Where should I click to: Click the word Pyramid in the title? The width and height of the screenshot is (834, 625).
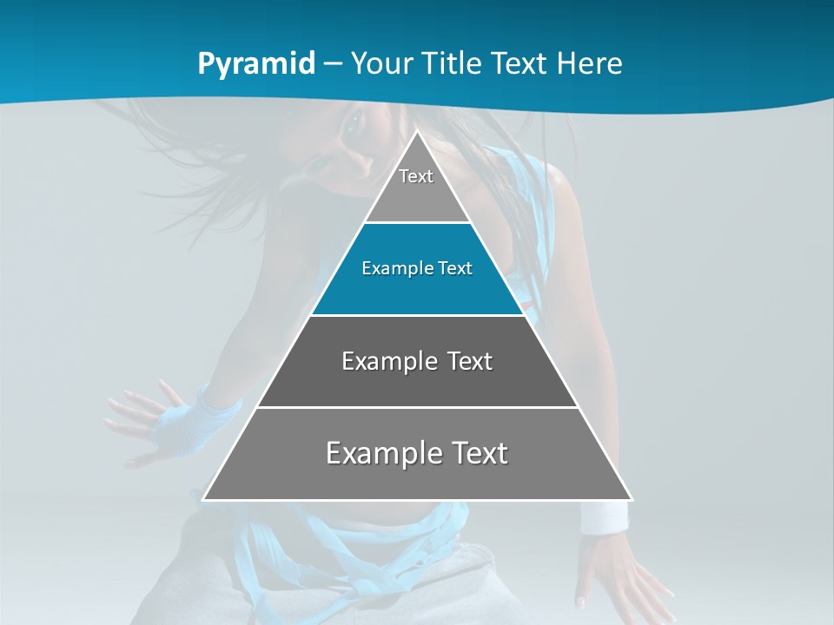255,64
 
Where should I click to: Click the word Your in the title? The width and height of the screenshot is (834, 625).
380,63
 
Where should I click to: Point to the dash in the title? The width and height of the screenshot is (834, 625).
332,64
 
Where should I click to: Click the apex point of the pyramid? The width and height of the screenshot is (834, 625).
417,132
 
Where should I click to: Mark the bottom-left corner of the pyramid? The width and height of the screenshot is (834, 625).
204,499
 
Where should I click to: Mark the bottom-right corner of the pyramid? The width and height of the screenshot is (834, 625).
631,499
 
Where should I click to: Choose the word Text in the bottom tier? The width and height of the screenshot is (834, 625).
478,453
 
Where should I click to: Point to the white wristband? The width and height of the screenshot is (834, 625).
603,518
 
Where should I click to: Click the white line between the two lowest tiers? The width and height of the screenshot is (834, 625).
417,407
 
